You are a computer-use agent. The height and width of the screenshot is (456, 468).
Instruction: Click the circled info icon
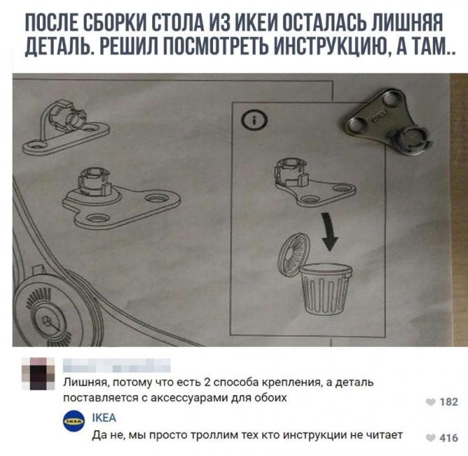(x=254, y=120)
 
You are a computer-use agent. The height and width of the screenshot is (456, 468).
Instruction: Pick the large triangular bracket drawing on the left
(x=121, y=198)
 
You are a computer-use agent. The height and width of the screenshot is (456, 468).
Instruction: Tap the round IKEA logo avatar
(x=74, y=421)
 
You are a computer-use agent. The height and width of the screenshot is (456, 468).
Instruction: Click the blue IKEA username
(x=104, y=418)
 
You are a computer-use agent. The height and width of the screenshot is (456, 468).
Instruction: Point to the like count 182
(x=448, y=402)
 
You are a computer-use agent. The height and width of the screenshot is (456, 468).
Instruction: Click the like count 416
(x=448, y=438)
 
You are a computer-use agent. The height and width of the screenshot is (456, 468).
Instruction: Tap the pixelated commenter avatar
(x=38, y=374)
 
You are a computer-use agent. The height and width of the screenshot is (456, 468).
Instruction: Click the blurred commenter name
(x=117, y=365)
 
